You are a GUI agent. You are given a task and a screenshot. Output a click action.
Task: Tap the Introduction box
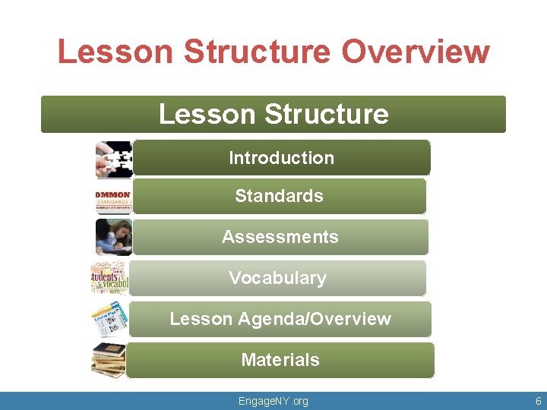click(x=281, y=158)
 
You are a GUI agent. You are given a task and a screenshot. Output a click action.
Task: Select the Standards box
click(x=279, y=196)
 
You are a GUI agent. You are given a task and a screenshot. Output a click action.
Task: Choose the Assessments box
click(x=280, y=237)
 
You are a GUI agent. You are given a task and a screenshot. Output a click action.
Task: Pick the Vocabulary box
click(x=277, y=278)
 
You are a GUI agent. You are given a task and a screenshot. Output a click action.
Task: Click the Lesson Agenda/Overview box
click(x=280, y=319)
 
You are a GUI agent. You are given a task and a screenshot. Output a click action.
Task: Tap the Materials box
click(x=280, y=360)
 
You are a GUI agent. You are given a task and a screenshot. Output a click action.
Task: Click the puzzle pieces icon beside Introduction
click(x=114, y=159)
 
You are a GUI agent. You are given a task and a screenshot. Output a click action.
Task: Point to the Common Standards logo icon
click(x=112, y=200)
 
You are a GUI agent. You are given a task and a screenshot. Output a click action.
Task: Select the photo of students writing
click(x=113, y=237)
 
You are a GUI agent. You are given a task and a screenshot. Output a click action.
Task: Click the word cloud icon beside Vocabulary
click(x=110, y=278)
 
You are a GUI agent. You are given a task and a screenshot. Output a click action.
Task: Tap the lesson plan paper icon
click(x=110, y=319)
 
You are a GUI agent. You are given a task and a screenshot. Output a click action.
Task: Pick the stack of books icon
click(x=109, y=360)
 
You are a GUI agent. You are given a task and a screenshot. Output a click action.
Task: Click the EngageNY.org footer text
click(x=273, y=401)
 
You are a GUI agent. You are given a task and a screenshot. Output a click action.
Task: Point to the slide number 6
click(x=538, y=401)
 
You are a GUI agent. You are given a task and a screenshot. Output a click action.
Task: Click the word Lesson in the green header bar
click(x=196, y=114)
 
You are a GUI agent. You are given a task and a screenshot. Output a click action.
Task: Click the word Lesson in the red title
click(x=116, y=52)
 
